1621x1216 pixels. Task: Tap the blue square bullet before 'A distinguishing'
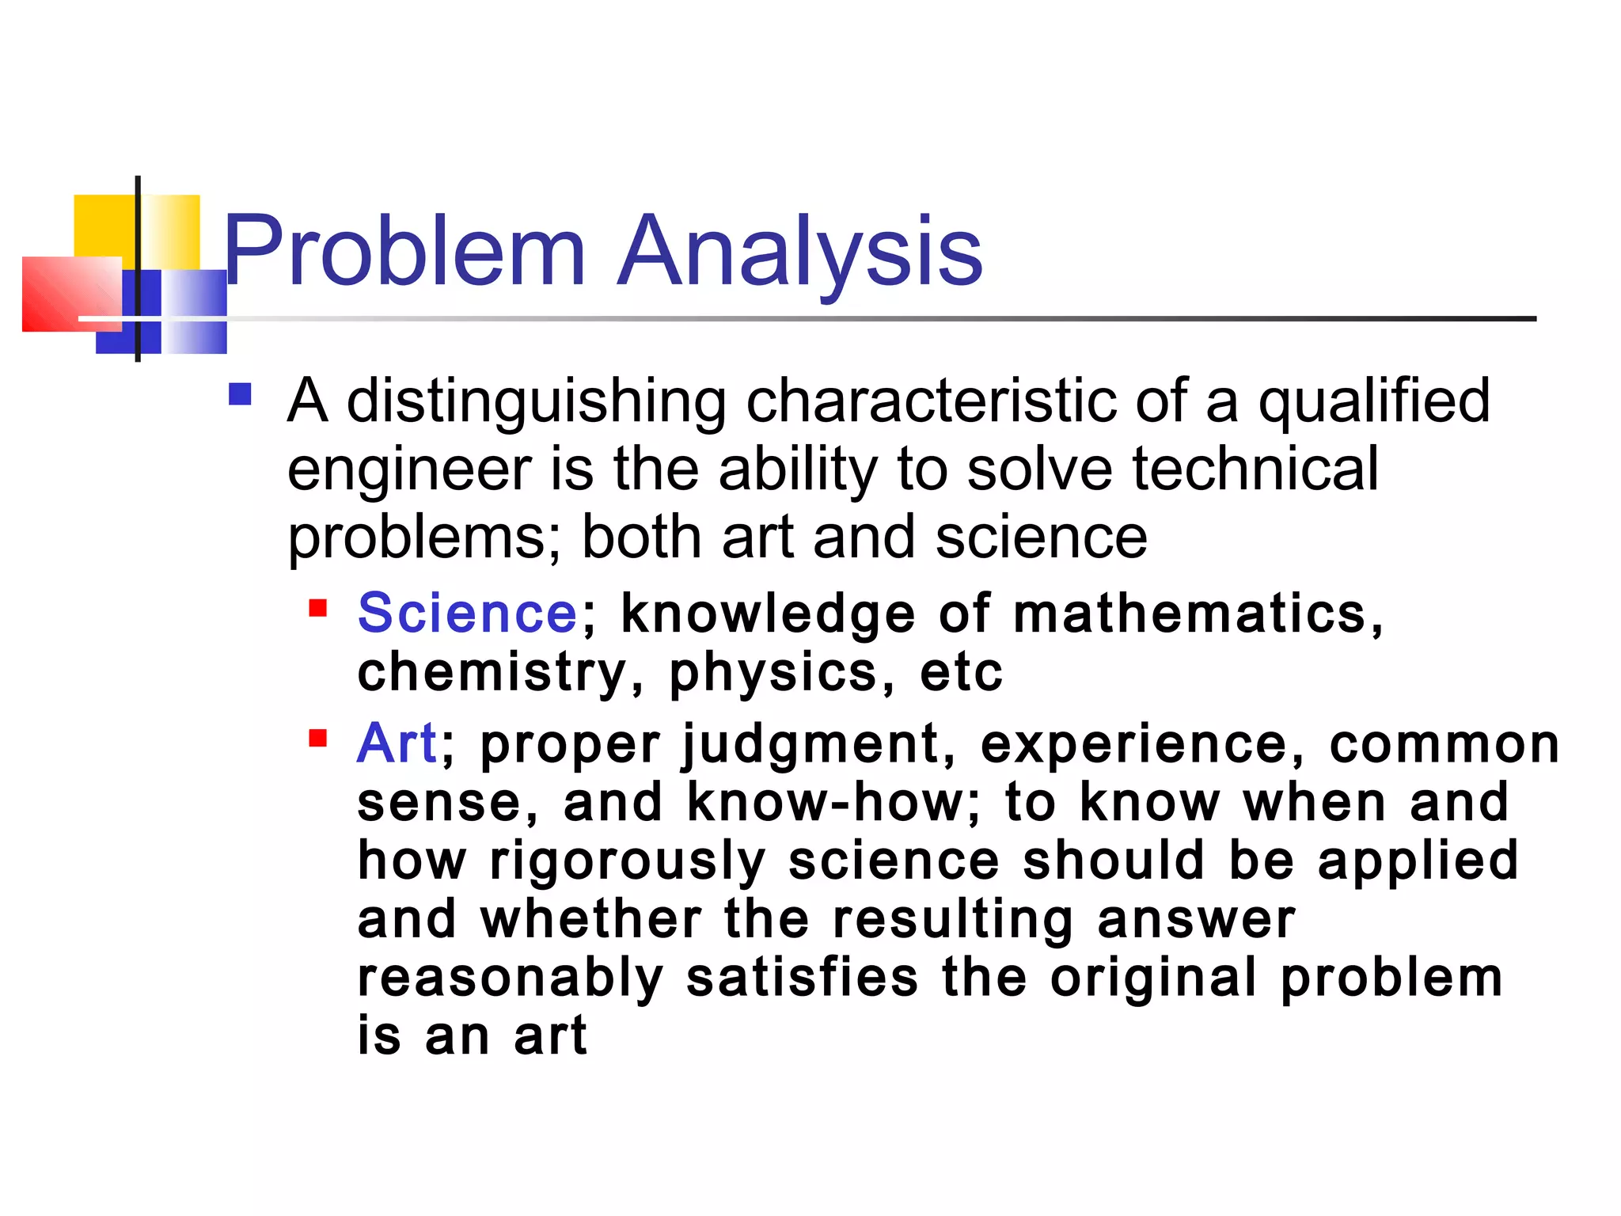point(240,394)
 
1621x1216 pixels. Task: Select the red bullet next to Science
point(317,608)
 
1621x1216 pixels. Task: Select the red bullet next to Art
point(317,739)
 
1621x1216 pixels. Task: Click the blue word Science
point(468,614)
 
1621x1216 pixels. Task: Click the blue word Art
point(396,744)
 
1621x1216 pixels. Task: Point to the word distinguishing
point(536,402)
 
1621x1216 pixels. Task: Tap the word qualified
point(1374,402)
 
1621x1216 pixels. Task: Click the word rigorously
point(628,861)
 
